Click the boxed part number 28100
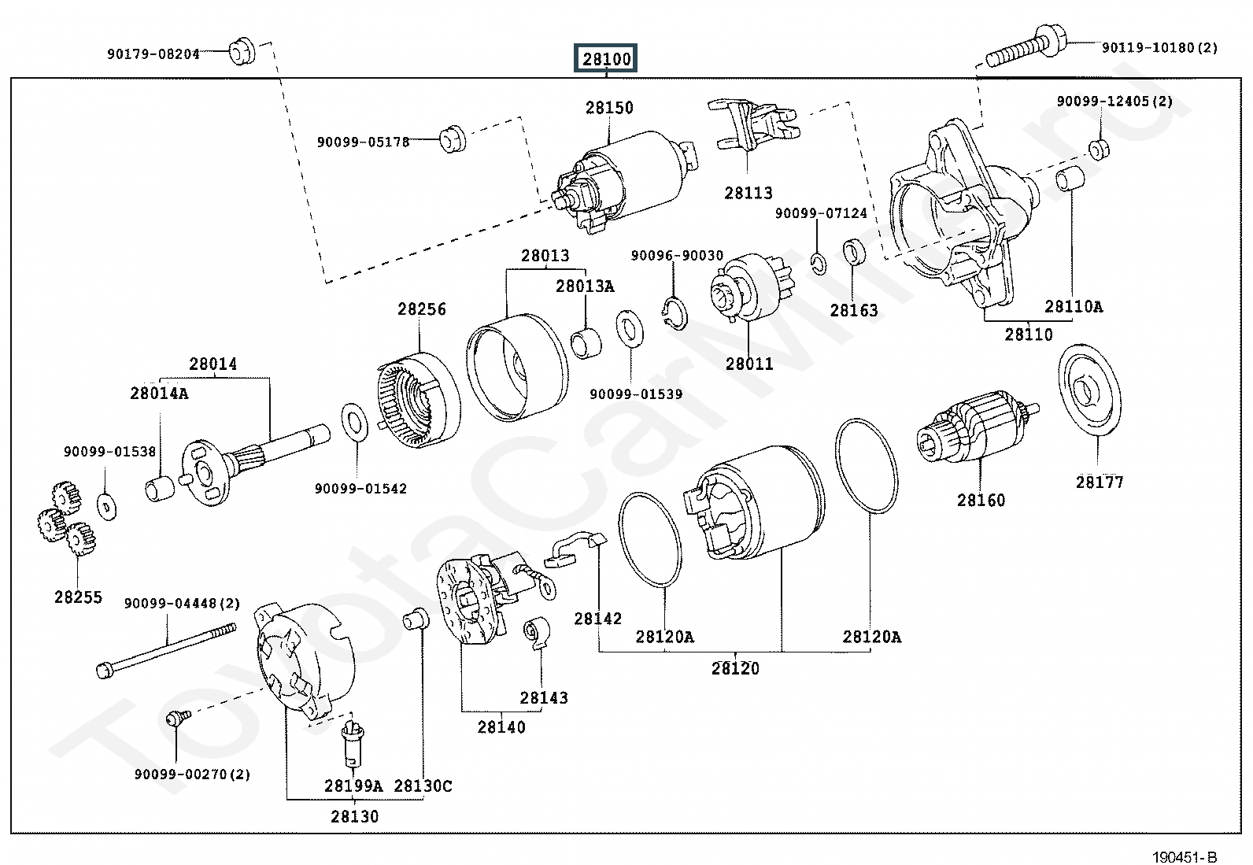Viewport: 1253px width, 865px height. tap(606, 58)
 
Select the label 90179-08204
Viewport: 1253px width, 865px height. tap(153, 54)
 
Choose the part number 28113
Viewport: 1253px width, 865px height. tap(748, 193)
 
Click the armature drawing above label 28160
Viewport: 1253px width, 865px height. tap(976, 429)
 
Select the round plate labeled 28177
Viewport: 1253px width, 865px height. tap(1090, 390)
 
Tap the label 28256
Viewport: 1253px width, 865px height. tap(422, 309)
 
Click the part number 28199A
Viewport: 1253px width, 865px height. tap(353, 786)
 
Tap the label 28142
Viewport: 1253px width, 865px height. tap(598, 619)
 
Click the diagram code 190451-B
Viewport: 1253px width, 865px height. tap(1185, 857)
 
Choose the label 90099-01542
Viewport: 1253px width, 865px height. tap(361, 489)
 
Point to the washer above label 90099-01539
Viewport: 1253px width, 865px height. tap(629, 328)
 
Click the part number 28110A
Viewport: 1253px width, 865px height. tap(1074, 307)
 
